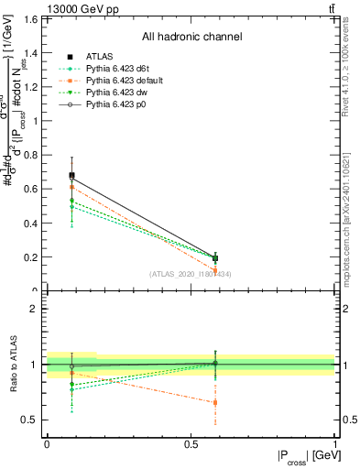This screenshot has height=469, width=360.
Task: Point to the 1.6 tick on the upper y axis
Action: [30, 19]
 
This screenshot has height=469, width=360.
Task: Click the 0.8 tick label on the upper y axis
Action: [30, 155]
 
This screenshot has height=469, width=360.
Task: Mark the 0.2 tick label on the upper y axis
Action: [30, 257]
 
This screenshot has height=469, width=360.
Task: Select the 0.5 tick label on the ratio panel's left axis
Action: [30, 420]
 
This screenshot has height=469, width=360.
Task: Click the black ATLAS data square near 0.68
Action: [72, 175]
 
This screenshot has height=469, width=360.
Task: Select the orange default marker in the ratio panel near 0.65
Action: [215, 402]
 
